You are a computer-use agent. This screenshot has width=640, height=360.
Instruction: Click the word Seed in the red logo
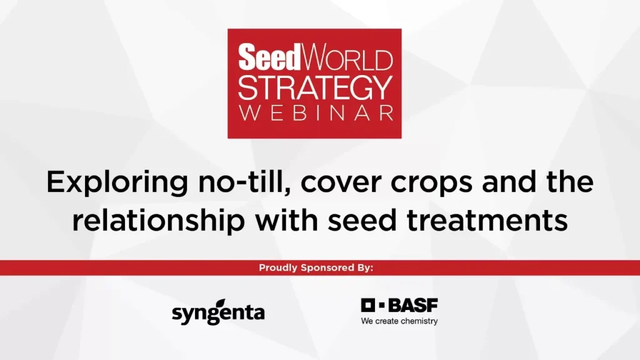(x=269, y=57)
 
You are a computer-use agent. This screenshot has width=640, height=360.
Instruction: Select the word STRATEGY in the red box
(x=315, y=88)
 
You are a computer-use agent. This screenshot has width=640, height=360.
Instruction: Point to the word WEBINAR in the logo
(x=316, y=114)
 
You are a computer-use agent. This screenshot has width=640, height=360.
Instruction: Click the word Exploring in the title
(x=117, y=182)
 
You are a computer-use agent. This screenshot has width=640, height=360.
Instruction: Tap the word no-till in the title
(x=245, y=182)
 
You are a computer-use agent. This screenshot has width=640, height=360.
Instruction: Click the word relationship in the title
(x=158, y=221)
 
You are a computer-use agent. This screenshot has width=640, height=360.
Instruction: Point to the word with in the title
(x=286, y=219)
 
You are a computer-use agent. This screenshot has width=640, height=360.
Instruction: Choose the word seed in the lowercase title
(x=362, y=219)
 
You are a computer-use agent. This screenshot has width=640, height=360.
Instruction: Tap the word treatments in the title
(x=487, y=221)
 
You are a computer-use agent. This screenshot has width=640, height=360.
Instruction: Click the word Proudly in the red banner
(x=278, y=267)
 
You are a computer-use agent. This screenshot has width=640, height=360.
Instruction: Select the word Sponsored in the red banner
(x=327, y=267)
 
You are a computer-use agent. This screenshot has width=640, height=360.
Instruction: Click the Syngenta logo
(x=218, y=312)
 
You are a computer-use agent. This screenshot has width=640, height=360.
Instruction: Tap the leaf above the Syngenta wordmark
(x=221, y=303)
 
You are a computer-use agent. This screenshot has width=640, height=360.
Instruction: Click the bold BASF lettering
(x=412, y=305)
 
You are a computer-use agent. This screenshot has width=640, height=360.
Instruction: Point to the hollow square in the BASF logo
(x=367, y=305)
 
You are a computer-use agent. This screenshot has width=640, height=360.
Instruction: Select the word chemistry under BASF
(x=418, y=321)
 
